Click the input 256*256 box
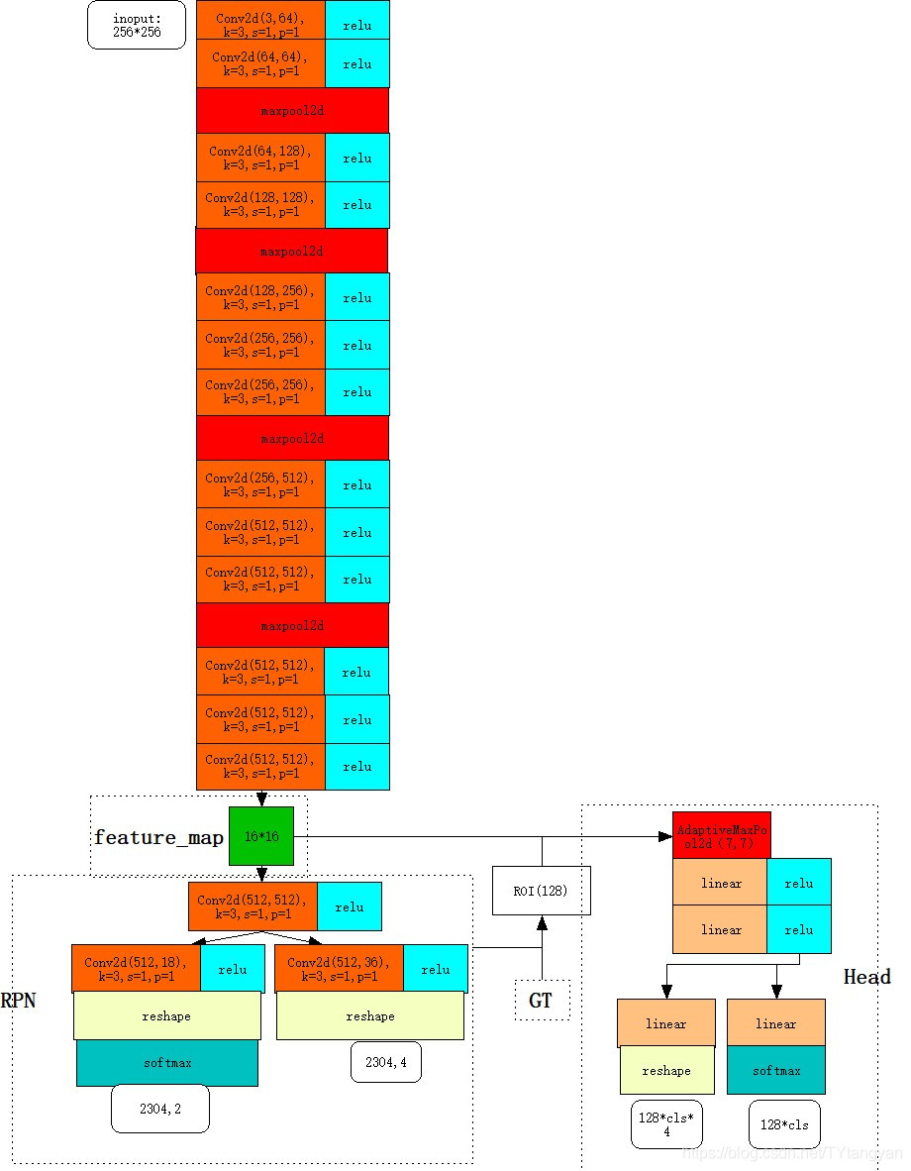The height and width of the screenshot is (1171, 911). click(x=137, y=26)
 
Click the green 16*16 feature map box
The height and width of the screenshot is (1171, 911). click(x=261, y=836)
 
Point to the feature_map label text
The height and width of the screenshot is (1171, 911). click(x=158, y=838)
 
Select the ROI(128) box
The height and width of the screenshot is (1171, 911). click(x=542, y=890)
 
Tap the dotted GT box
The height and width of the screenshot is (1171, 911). click(x=542, y=1001)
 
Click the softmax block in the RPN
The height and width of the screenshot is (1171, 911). click(x=167, y=1062)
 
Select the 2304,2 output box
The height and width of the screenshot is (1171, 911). click(x=160, y=1109)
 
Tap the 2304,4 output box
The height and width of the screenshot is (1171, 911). click(x=386, y=1062)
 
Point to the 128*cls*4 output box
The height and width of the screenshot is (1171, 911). click(x=666, y=1123)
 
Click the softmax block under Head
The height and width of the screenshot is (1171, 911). click(x=776, y=1071)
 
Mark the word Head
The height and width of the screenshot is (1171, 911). click(x=866, y=977)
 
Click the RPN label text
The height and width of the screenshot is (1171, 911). click(x=18, y=1001)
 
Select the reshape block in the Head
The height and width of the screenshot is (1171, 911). click(x=666, y=1071)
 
